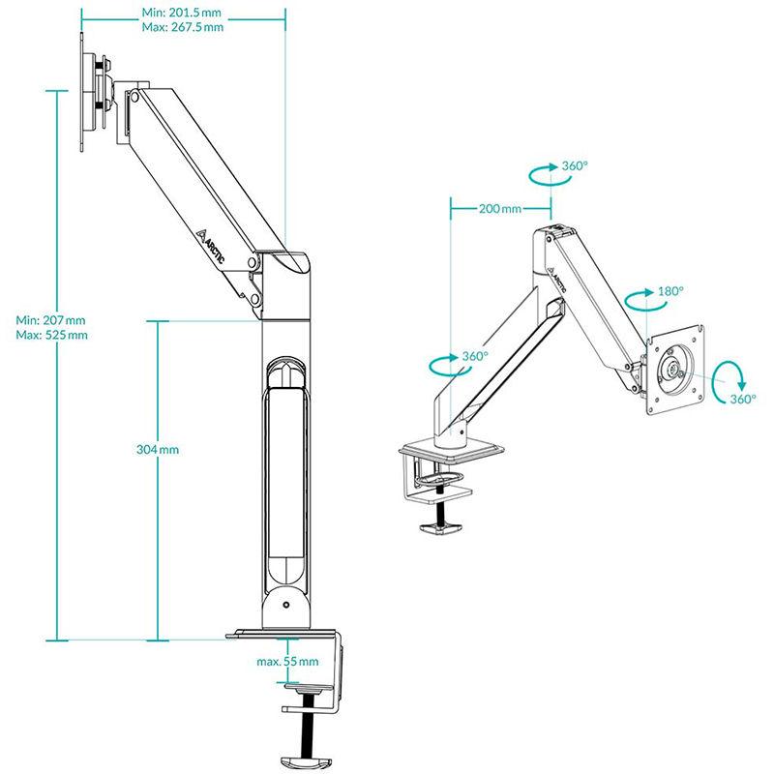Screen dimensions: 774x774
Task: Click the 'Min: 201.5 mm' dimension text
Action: tap(182, 13)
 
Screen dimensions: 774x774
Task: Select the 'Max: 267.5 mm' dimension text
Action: tap(183, 27)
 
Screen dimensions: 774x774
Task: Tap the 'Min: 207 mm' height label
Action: tap(50, 320)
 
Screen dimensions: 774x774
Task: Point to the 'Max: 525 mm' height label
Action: tap(52, 335)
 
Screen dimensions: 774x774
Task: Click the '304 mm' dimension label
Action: tap(158, 450)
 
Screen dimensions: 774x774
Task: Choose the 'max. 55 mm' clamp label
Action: tap(287, 662)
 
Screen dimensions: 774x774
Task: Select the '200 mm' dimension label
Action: tap(500, 209)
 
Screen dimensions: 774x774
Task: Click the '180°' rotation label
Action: tap(670, 291)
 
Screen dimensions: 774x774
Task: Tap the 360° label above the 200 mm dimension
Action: tap(575, 165)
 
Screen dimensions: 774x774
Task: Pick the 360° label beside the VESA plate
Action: tap(743, 399)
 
